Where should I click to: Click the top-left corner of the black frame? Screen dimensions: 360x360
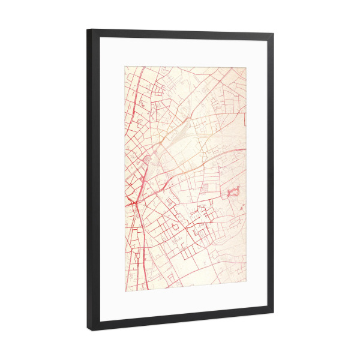[88, 29]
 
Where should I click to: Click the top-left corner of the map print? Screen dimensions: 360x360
[125, 66]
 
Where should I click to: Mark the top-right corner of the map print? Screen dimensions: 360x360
[246, 67]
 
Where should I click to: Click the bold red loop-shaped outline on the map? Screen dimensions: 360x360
[234, 192]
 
